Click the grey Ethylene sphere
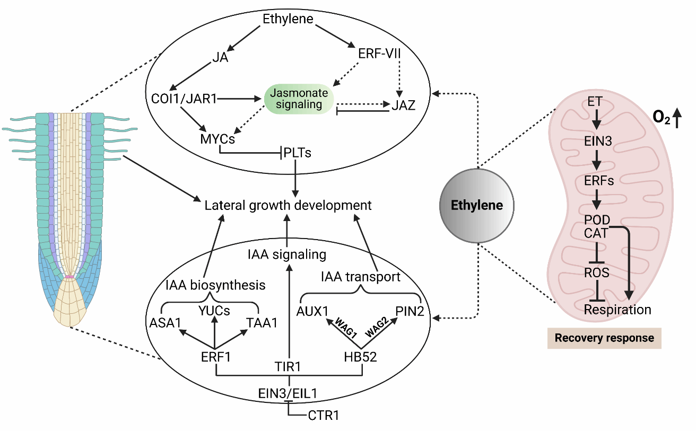pyautogui.click(x=476, y=205)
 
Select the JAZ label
pyautogui.click(x=403, y=105)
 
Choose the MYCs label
pyautogui.click(x=217, y=139)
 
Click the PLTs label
pyautogui.click(x=297, y=153)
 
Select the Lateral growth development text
pyautogui.click(x=289, y=205)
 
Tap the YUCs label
pyautogui.click(x=214, y=311)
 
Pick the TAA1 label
pyautogui.click(x=262, y=322)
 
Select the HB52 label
pyautogui.click(x=361, y=357)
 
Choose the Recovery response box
pyautogui.click(x=604, y=338)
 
